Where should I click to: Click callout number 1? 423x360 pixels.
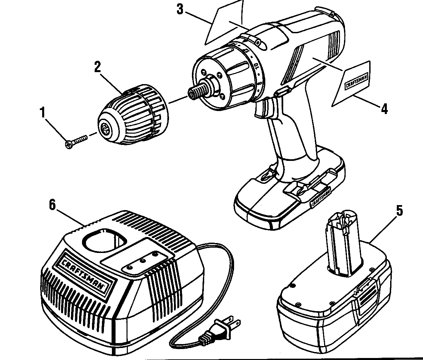[42, 112]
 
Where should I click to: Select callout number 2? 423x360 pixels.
[97, 67]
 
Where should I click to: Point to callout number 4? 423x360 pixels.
[384, 109]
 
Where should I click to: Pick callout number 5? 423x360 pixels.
[399, 210]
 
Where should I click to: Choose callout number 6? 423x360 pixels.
[52, 204]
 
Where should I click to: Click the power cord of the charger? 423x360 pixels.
[226, 263]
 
